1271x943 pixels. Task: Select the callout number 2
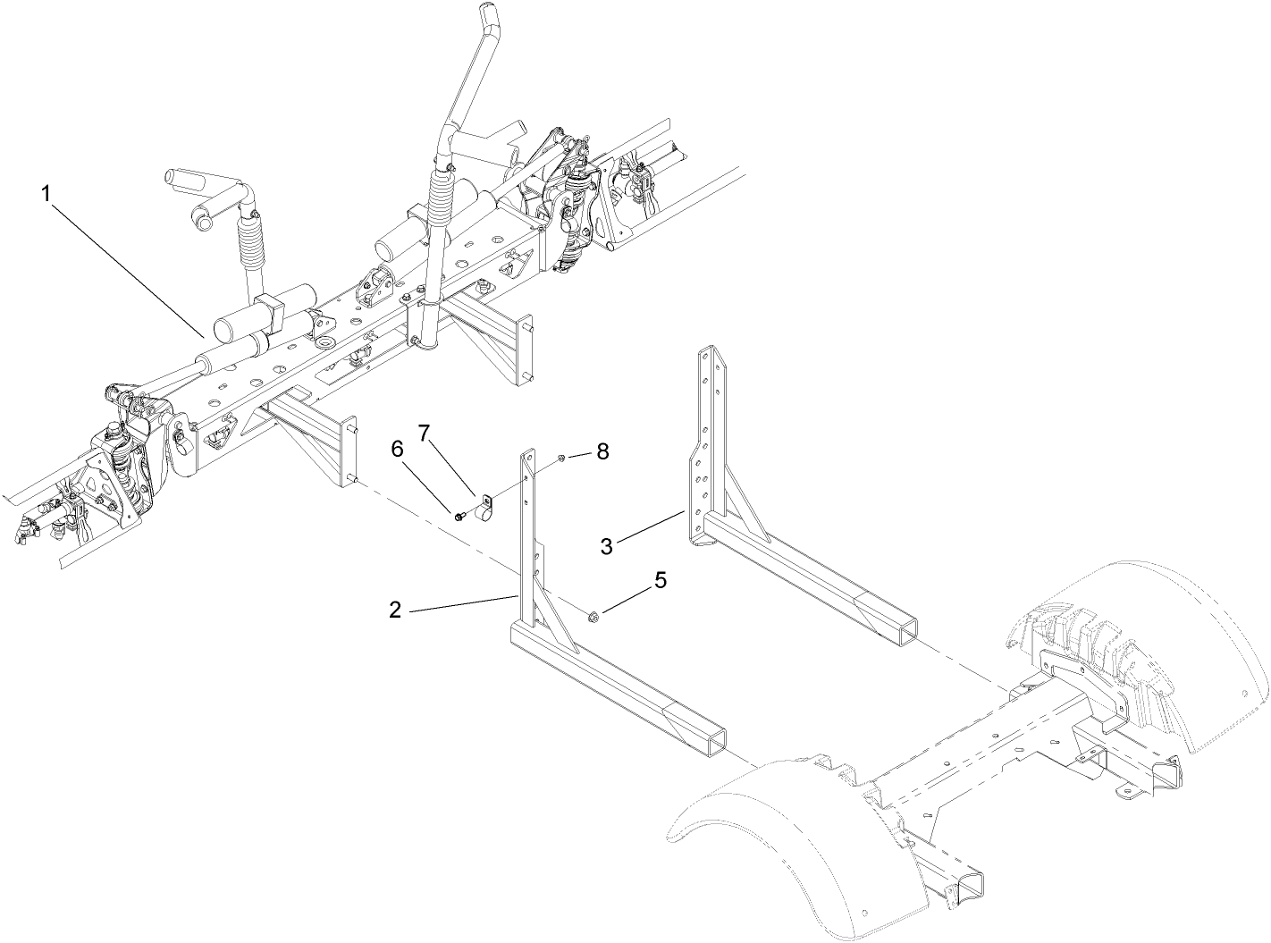pyautogui.click(x=395, y=611)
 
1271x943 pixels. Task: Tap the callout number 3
pyautogui.click(x=607, y=545)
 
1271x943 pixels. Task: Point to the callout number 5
pyautogui.click(x=661, y=580)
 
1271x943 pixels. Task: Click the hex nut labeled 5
pyautogui.click(x=592, y=615)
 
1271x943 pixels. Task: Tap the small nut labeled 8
pyautogui.click(x=559, y=459)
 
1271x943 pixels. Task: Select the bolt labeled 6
pyautogui.click(x=459, y=516)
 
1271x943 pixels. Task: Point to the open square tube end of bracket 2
pyautogui.click(x=711, y=737)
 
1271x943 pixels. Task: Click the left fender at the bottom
pyautogui.click(x=787, y=822)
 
